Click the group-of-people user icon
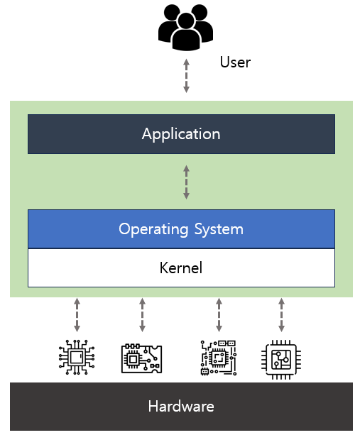pos(185,27)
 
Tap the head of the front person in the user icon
pos(185,21)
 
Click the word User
pos(235,62)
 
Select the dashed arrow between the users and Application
pos(186,76)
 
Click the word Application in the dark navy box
pos(181,135)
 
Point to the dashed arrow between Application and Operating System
pos(186,182)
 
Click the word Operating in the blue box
pos(153,230)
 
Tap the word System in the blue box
pos(219,230)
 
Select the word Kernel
pos(181,268)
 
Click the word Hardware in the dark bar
pos(181,407)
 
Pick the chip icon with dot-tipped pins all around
pos(77,358)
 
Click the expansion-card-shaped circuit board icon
pos(141,358)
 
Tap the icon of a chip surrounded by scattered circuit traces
pos(219,358)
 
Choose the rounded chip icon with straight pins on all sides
pos(281,360)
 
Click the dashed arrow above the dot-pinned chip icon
pos(77,315)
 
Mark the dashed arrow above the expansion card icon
pos(142,315)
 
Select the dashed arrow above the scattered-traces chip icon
pos(219,315)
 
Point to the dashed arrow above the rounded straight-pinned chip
pos(281,315)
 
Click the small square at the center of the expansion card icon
pos(133,360)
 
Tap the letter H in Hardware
pos(153,407)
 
